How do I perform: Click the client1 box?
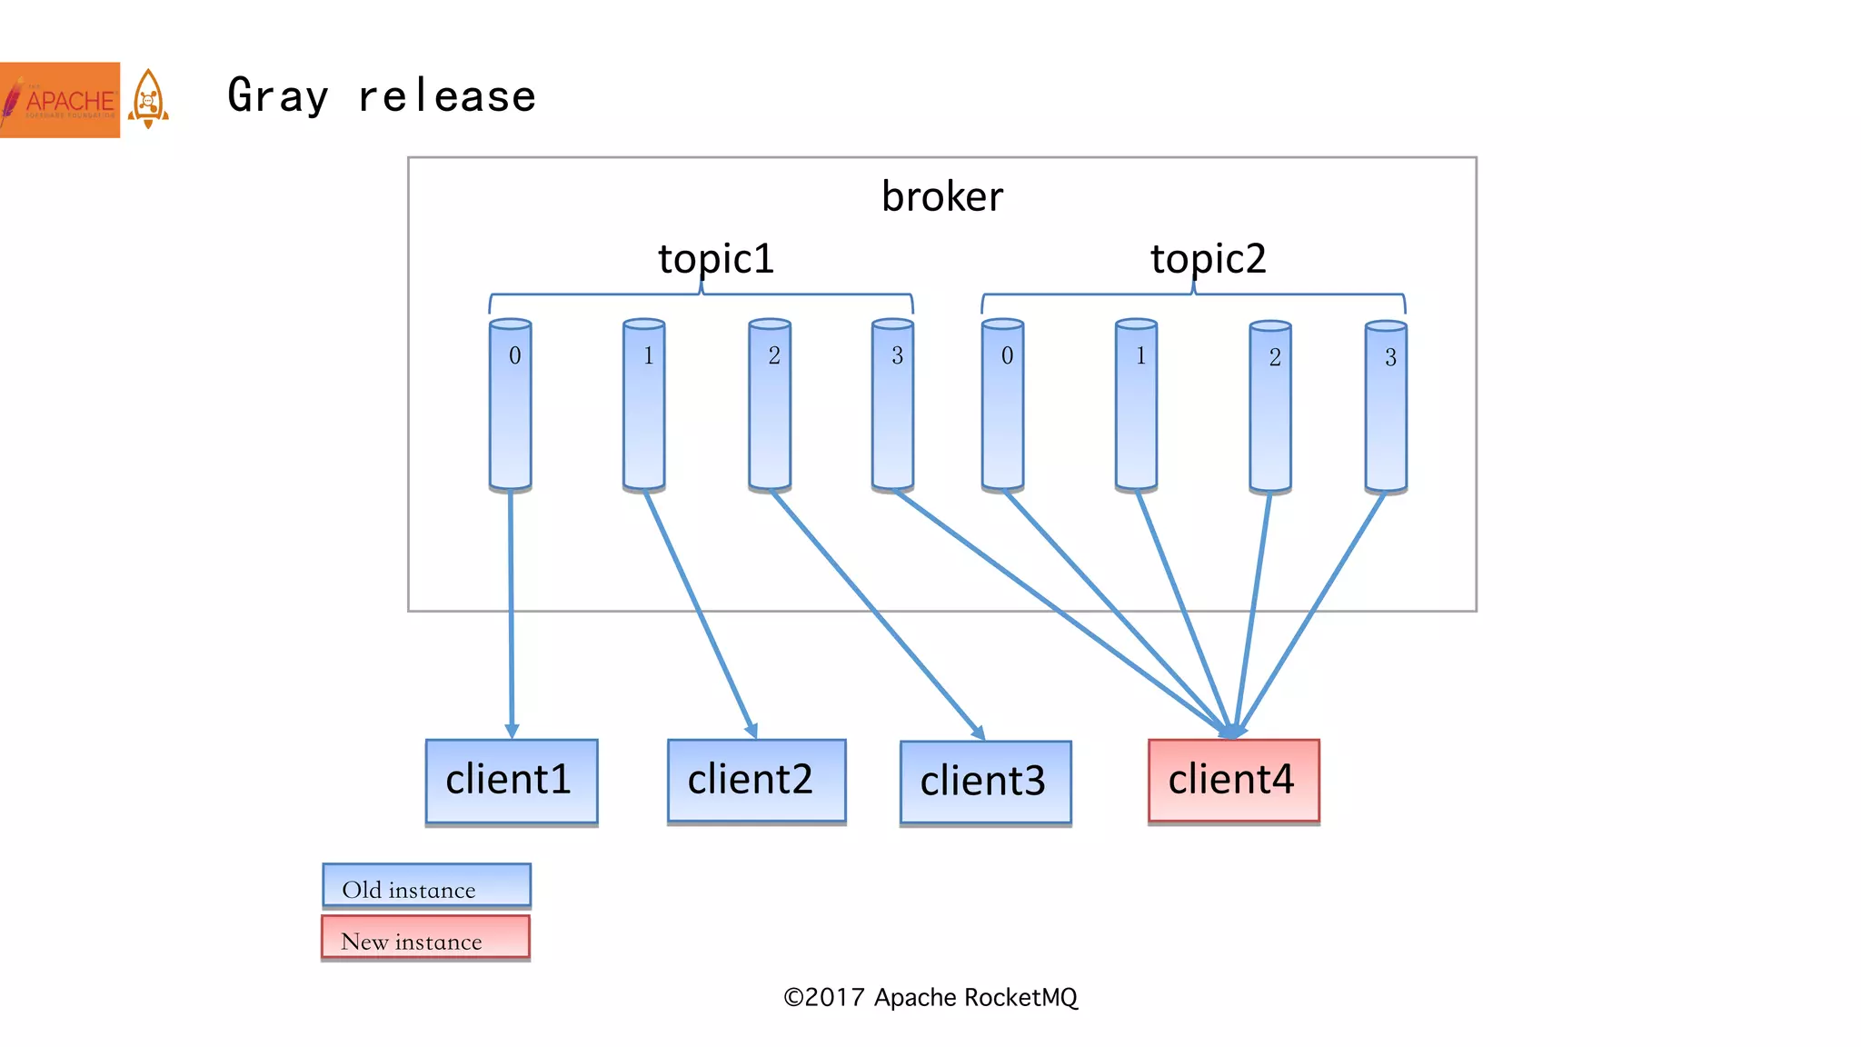coord(512,781)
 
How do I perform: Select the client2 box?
coord(756,781)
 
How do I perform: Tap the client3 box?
coord(985,783)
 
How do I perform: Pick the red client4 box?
coord(1233,781)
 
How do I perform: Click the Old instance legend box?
coord(426,886)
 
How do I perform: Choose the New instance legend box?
coord(425,938)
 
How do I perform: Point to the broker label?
coord(942,196)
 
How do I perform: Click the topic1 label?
coord(716,258)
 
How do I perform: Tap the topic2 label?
coord(1208,258)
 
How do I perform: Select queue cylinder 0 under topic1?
coord(511,404)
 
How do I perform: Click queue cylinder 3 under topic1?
coord(892,404)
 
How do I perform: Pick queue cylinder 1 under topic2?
coord(1136,404)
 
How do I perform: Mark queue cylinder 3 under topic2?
coord(1386,406)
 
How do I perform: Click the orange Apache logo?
coord(60,100)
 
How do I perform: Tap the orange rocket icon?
coord(148,98)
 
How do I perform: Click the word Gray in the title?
coord(277,96)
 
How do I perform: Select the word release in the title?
coord(446,96)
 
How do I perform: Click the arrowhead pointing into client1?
coord(512,732)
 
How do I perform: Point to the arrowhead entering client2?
coord(751,731)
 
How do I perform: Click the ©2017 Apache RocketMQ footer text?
coord(930,998)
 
